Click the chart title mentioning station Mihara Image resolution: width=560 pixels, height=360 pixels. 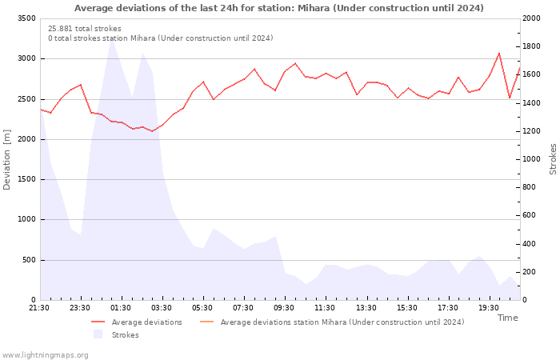point(279,8)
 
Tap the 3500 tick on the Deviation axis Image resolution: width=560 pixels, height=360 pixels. point(26,18)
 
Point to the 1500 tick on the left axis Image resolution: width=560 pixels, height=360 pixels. point(26,179)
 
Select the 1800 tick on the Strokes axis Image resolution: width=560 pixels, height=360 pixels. point(531,46)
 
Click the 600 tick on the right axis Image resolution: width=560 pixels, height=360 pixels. point(530,215)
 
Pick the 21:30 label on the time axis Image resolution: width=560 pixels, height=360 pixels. point(39,308)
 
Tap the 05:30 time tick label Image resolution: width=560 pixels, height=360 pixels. point(202,308)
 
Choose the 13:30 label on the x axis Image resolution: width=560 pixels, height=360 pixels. point(366,308)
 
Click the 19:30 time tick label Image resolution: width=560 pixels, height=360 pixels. point(489,308)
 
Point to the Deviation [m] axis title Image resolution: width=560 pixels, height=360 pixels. point(6,160)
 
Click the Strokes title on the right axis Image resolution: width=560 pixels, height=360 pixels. point(553,159)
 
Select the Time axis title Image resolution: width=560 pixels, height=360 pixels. point(507,318)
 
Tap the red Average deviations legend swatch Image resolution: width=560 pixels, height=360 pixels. point(98,322)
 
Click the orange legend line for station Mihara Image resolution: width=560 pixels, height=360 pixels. point(206,322)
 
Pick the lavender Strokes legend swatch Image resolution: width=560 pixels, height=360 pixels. point(98,334)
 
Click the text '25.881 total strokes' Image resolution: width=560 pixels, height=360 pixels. point(85,29)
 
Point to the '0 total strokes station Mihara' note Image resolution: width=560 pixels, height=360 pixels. point(161,38)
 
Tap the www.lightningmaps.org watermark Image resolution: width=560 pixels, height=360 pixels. point(44,355)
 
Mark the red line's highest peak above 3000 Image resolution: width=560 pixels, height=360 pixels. point(499,54)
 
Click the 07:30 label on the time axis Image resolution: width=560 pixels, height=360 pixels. point(243,308)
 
